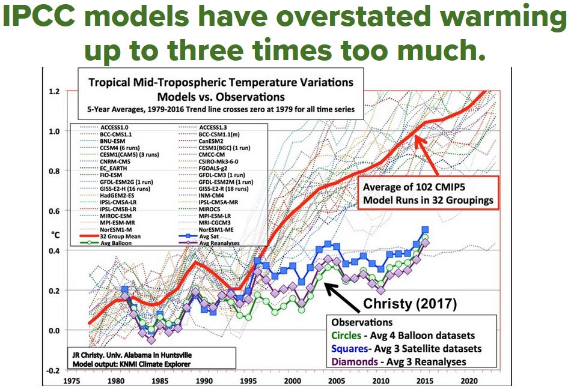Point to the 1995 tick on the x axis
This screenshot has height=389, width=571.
(x=248, y=381)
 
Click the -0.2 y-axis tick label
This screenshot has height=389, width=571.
(x=52, y=370)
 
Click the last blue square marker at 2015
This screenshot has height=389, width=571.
(x=425, y=229)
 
